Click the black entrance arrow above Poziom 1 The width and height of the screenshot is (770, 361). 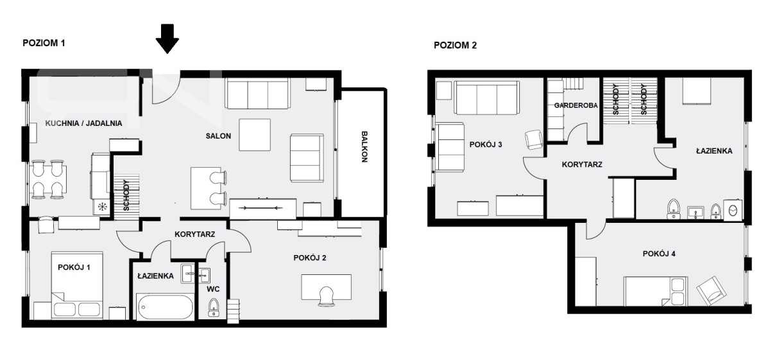tap(167, 39)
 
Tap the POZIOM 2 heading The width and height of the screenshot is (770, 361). tap(455, 46)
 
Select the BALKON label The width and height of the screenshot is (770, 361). tap(364, 146)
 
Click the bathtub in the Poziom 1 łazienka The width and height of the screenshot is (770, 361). tap(166, 307)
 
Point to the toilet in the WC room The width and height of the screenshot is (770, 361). tap(214, 307)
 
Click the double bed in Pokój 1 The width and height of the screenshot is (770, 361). tap(77, 285)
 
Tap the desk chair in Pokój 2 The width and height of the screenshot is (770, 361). tap(326, 296)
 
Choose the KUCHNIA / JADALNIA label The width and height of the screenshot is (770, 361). tap(83, 123)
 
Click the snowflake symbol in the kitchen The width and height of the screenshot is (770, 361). tap(103, 207)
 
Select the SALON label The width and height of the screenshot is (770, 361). tap(218, 136)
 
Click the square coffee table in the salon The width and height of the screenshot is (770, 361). tap(255, 134)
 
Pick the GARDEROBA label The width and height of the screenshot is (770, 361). tap(576, 105)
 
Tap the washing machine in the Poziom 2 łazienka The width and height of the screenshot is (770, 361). tap(733, 209)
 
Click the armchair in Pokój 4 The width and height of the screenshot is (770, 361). tap(711, 291)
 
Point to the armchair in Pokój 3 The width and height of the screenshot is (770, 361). tap(534, 139)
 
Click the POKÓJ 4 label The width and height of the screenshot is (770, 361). tap(659, 254)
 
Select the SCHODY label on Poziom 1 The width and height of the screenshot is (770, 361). tap(126, 195)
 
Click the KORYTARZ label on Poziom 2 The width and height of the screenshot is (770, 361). tap(582, 165)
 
